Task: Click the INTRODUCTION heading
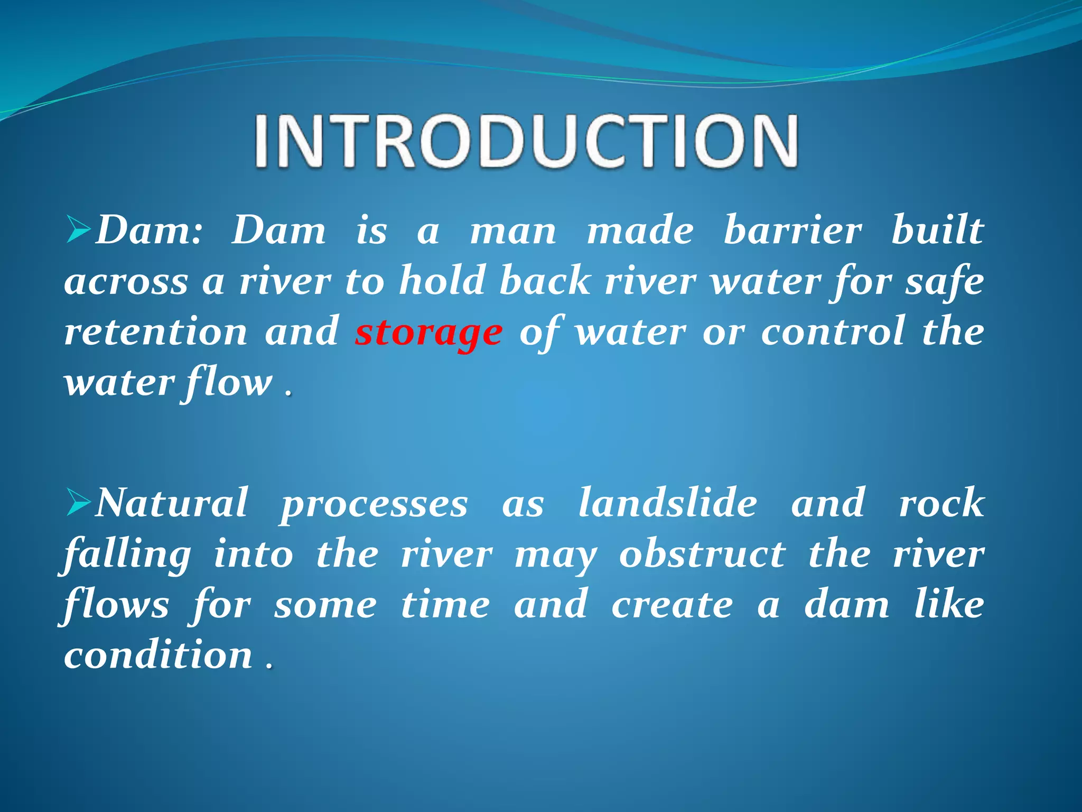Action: click(526, 142)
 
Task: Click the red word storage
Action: click(428, 333)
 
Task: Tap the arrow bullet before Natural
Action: click(79, 504)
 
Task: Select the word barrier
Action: click(792, 230)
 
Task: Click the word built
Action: click(937, 230)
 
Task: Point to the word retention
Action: click(156, 332)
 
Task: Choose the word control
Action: click(833, 332)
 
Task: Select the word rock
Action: click(941, 503)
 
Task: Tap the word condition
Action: click(158, 654)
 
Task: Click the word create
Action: click(673, 605)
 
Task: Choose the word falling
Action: click(127, 555)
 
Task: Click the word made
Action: click(640, 230)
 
